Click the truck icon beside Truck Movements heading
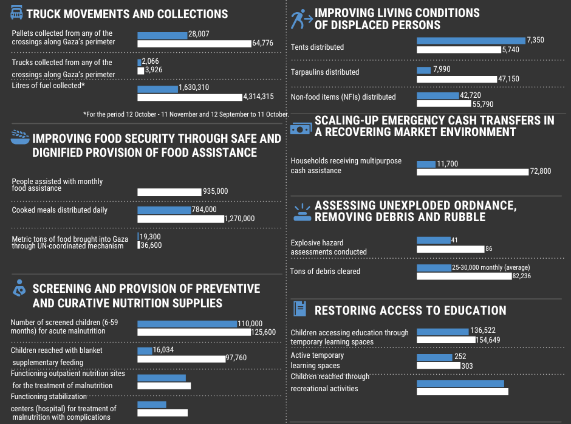click(17, 13)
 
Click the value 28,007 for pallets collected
click(199, 35)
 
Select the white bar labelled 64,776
click(194, 44)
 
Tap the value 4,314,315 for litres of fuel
click(258, 97)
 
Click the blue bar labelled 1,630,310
click(158, 89)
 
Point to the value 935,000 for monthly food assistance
click(215, 191)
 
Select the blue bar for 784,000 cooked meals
click(164, 210)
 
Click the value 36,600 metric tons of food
click(151, 245)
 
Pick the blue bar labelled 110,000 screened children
click(187, 324)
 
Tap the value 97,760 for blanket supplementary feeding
click(236, 358)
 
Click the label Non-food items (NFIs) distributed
click(343, 97)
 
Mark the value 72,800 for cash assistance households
click(540, 171)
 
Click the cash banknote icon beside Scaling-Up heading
click(301, 129)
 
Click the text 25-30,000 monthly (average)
click(491, 267)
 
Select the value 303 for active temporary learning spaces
click(467, 366)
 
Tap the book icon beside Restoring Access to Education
click(299, 309)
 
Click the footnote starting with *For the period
click(185, 114)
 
